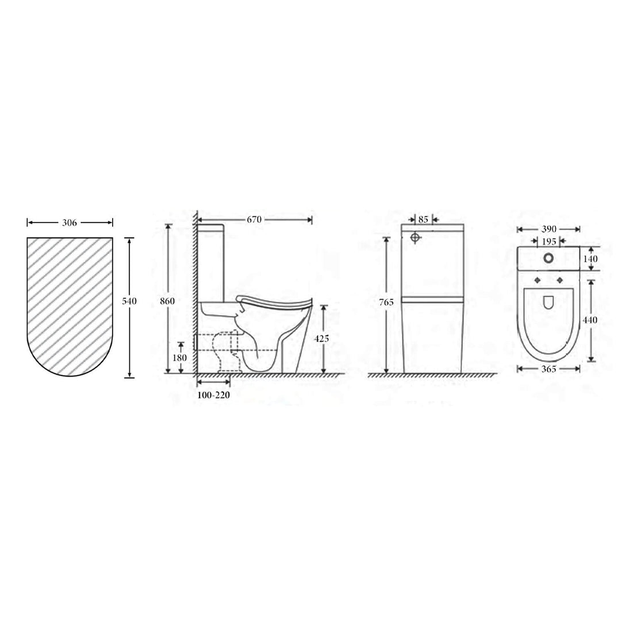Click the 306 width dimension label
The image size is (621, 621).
pyautogui.click(x=69, y=221)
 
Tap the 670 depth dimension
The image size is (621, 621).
pyautogui.click(x=254, y=219)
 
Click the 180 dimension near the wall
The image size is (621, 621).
pyautogui.click(x=180, y=357)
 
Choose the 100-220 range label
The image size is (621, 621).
pyautogui.click(x=214, y=396)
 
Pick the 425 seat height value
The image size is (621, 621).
pyautogui.click(x=323, y=339)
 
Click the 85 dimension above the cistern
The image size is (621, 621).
pyautogui.click(x=423, y=219)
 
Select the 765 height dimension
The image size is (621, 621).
pyautogui.click(x=390, y=302)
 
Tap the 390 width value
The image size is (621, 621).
pyautogui.click(x=548, y=229)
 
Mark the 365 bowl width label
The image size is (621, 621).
pyautogui.click(x=549, y=369)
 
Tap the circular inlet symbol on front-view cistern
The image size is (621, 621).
pyautogui.click(x=416, y=237)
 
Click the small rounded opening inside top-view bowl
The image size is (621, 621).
pyautogui.click(x=549, y=301)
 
